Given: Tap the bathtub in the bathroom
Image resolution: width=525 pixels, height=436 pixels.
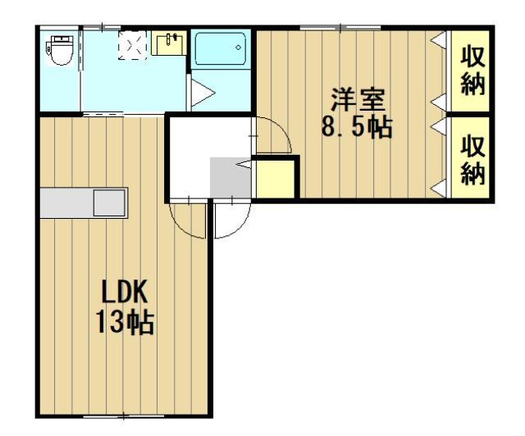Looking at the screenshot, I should pyautogui.click(x=221, y=51).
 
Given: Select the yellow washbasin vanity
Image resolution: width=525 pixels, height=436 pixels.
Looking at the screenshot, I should pyautogui.click(x=168, y=43).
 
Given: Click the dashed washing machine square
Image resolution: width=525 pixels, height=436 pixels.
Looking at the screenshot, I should pyautogui.click(x=133, y=47).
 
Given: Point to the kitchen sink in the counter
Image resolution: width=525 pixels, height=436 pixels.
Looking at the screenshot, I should pyautogui.click(x=108, y=202).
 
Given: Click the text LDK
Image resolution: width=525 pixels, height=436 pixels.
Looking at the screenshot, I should pyautogui.click(x=125, y=293).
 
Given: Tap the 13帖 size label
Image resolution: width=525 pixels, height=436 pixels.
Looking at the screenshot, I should pyautogui.click(x=125, y=323).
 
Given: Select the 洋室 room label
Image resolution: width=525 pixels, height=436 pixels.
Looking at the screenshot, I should pyautogui.click(x=358, y=102).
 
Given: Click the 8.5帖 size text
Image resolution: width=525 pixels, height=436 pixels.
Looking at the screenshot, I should pyautogui.click(x=358, y=129).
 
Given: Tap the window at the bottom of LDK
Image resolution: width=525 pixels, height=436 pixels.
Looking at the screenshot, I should pyautogui.click(x=123, y=416).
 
